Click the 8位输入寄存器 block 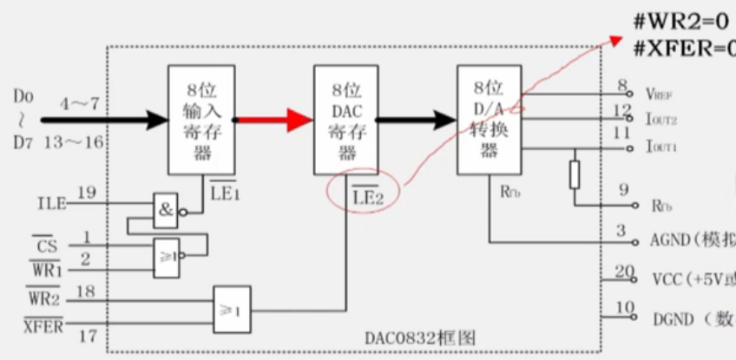pos(201,119)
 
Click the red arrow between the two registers pos(274,121)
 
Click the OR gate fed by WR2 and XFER pos(232,309)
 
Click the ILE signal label pos(53,204)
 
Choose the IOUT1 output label pos(661,147)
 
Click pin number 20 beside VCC pos(625,272)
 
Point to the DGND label pos(674,319)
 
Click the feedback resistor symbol pos(574,173)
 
